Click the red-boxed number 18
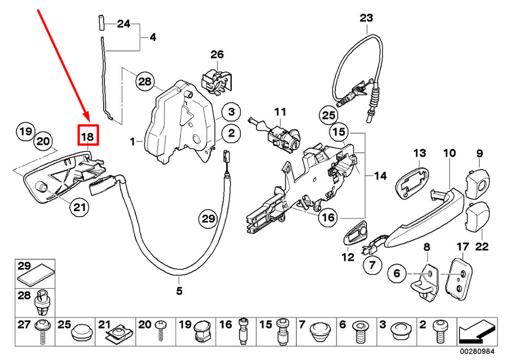(88, 135)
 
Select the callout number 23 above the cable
(366, 18)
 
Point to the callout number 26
(217, 54)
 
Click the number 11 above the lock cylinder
(280, 111)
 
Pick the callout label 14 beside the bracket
(380, 176)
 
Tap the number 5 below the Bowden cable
(179, 291)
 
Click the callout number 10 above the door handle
(450, 153)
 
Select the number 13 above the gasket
(420, 153)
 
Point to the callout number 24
(123, 23)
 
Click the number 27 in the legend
(24, 325)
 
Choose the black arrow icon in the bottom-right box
(475, 332)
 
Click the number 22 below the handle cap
(481, 248)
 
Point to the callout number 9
(479, 153)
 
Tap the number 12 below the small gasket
(347, 257)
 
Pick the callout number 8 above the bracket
(427, 248)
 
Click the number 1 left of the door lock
(132, 142)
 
